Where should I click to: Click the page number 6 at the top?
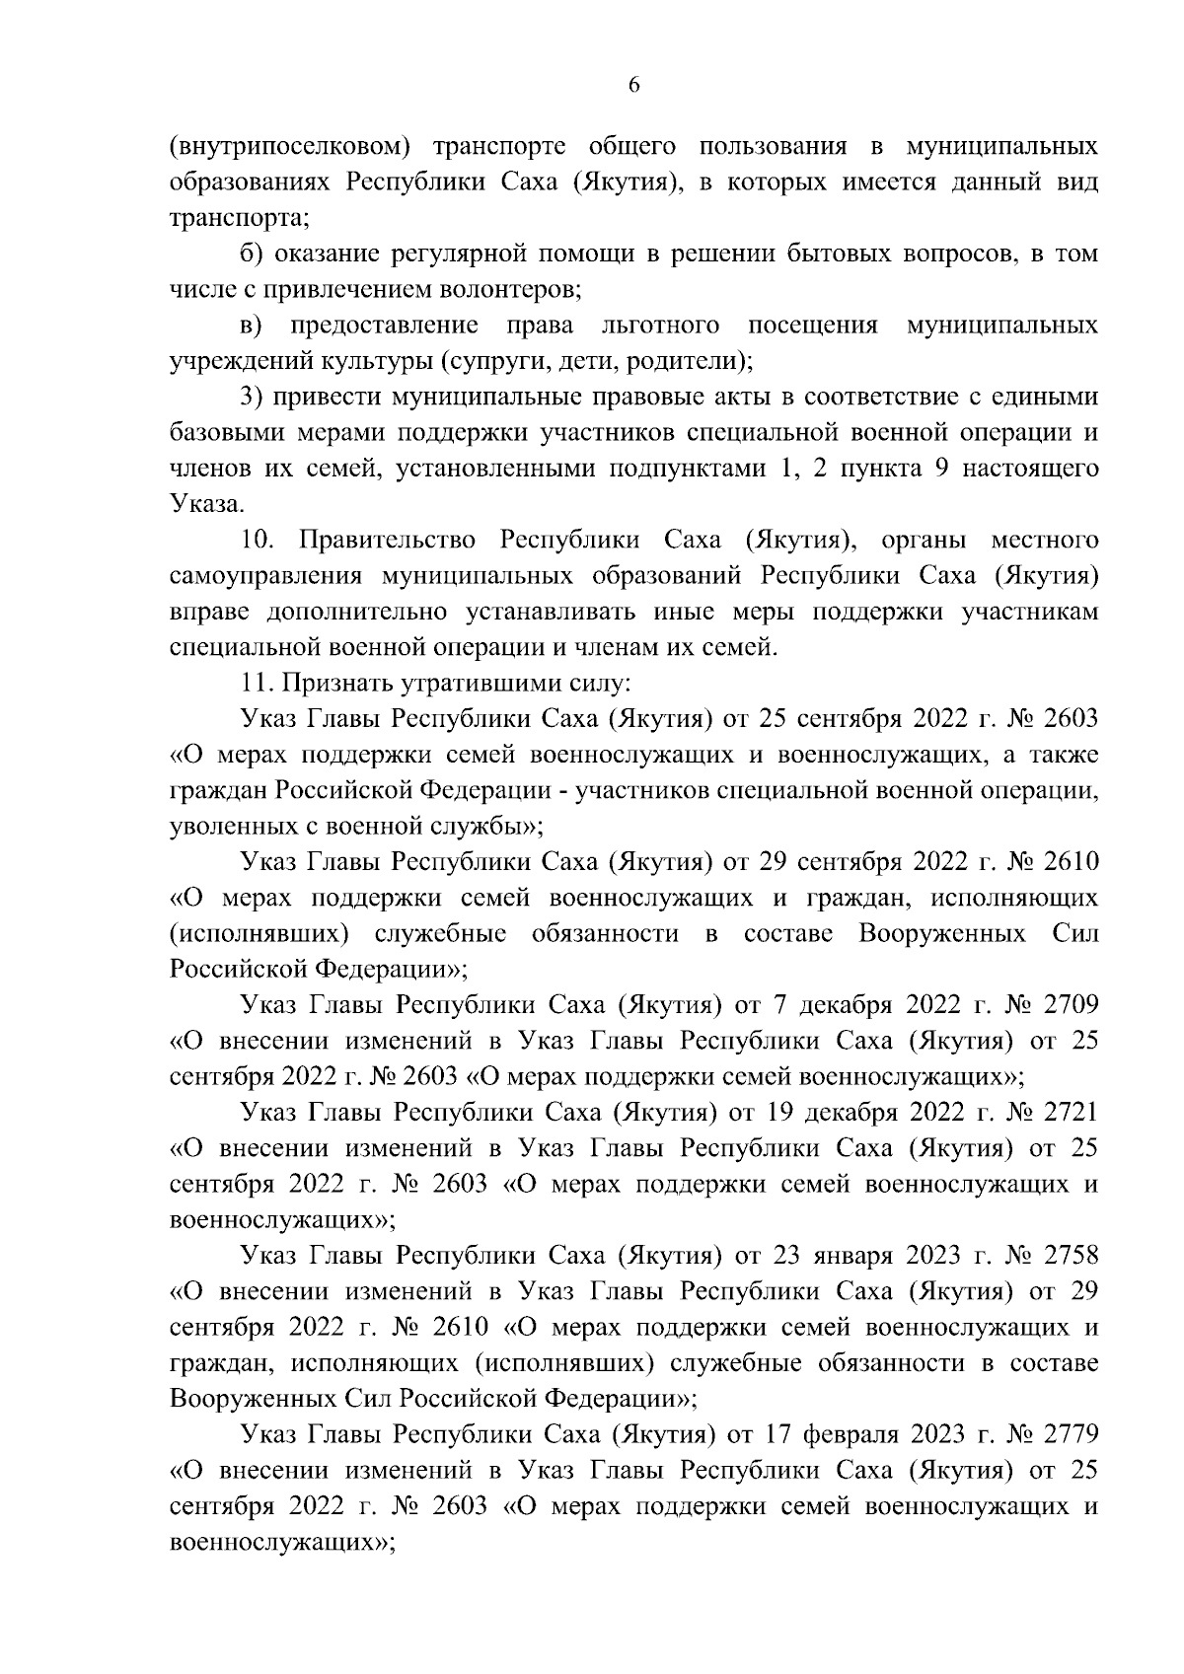coord(634,86)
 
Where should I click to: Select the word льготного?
coord(658,326)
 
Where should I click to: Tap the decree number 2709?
coord(1067,1004)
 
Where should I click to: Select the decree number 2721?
coord(1067,1112)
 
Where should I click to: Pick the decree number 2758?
coord(1067,1255)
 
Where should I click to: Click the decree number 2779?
coord(1067,1433)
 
